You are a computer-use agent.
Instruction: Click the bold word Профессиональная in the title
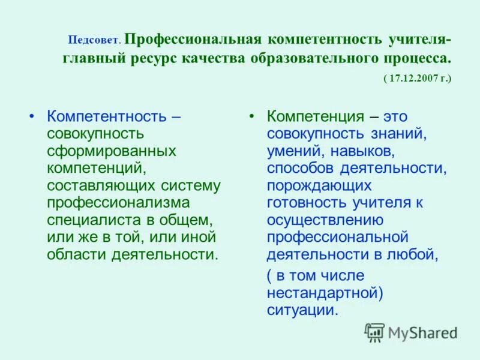point(194,40)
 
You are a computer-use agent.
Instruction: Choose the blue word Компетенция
point(316,116)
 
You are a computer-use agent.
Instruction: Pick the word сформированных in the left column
point(111,151)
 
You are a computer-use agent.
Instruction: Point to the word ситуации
point(302,310)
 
